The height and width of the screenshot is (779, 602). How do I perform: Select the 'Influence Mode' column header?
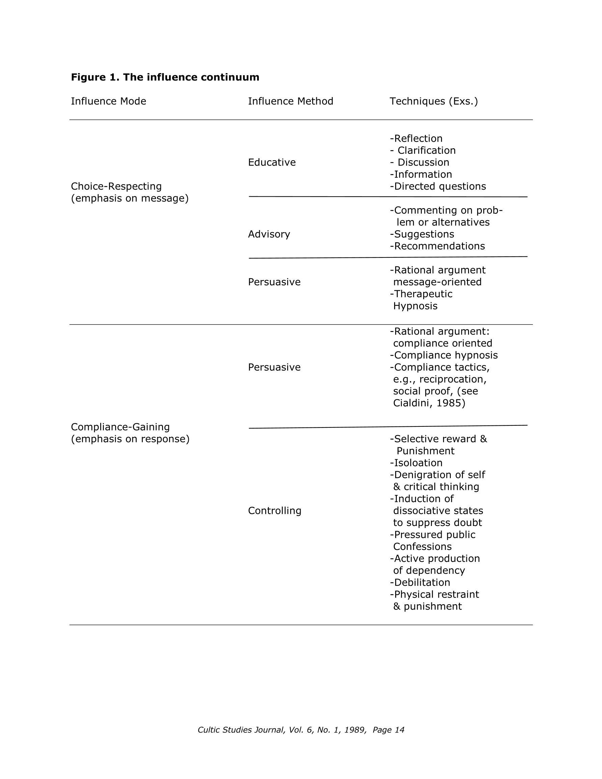108,101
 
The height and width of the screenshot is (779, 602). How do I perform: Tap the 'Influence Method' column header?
291,101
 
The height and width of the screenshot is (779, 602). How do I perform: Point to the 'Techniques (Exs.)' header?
434,101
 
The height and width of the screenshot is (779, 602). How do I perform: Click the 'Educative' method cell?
272,162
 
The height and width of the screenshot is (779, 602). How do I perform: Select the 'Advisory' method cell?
269,234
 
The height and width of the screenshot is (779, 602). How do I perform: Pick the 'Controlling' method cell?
274,511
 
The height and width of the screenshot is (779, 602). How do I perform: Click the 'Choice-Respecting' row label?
116,186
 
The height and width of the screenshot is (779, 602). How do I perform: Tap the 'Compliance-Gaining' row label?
120,427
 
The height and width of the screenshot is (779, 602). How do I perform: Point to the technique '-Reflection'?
416,138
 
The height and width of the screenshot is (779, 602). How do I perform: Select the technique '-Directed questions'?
438,186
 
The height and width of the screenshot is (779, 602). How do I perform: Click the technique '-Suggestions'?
422,234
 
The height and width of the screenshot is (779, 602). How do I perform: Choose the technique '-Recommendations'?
437,246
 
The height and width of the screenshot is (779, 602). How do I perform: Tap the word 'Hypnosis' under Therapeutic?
415,306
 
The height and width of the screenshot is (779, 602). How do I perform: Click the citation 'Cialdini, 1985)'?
429,403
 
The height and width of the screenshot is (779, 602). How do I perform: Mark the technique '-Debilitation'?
420,582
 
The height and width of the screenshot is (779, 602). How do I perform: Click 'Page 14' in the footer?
388,730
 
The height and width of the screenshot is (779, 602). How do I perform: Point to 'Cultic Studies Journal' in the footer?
241,730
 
